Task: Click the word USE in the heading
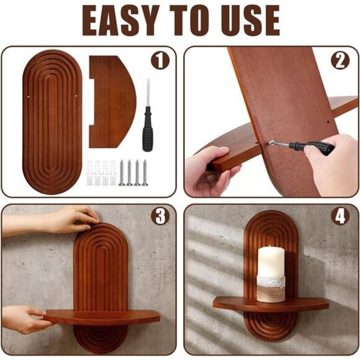250,20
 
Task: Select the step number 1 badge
160,61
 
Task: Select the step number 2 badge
340,61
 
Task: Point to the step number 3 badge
160,217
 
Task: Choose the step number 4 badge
340,217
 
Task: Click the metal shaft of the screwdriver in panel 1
148,92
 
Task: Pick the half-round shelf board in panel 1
112,101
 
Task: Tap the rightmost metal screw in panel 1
145,173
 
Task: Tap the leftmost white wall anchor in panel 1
90,173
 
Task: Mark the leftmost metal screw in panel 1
122,173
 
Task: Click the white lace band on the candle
271,281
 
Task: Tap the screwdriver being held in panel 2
301,146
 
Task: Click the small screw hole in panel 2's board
328,122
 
